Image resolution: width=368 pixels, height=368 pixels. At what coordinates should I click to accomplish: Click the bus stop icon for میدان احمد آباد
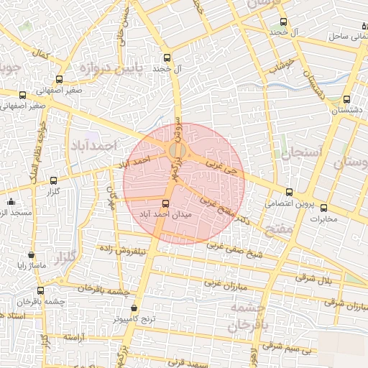click(167, 203)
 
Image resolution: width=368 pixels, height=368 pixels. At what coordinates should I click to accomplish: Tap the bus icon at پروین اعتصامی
click(289, 192)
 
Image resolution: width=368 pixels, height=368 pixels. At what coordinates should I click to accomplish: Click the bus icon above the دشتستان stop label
click(347, 99)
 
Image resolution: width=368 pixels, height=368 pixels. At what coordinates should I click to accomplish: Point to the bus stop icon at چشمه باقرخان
click(40, 291)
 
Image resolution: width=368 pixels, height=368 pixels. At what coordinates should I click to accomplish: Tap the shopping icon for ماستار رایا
click(30, 254)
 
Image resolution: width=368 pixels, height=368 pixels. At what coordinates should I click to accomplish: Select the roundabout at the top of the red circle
click(178, 151)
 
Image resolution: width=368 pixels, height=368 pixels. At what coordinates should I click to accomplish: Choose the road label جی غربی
click(220, 170)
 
